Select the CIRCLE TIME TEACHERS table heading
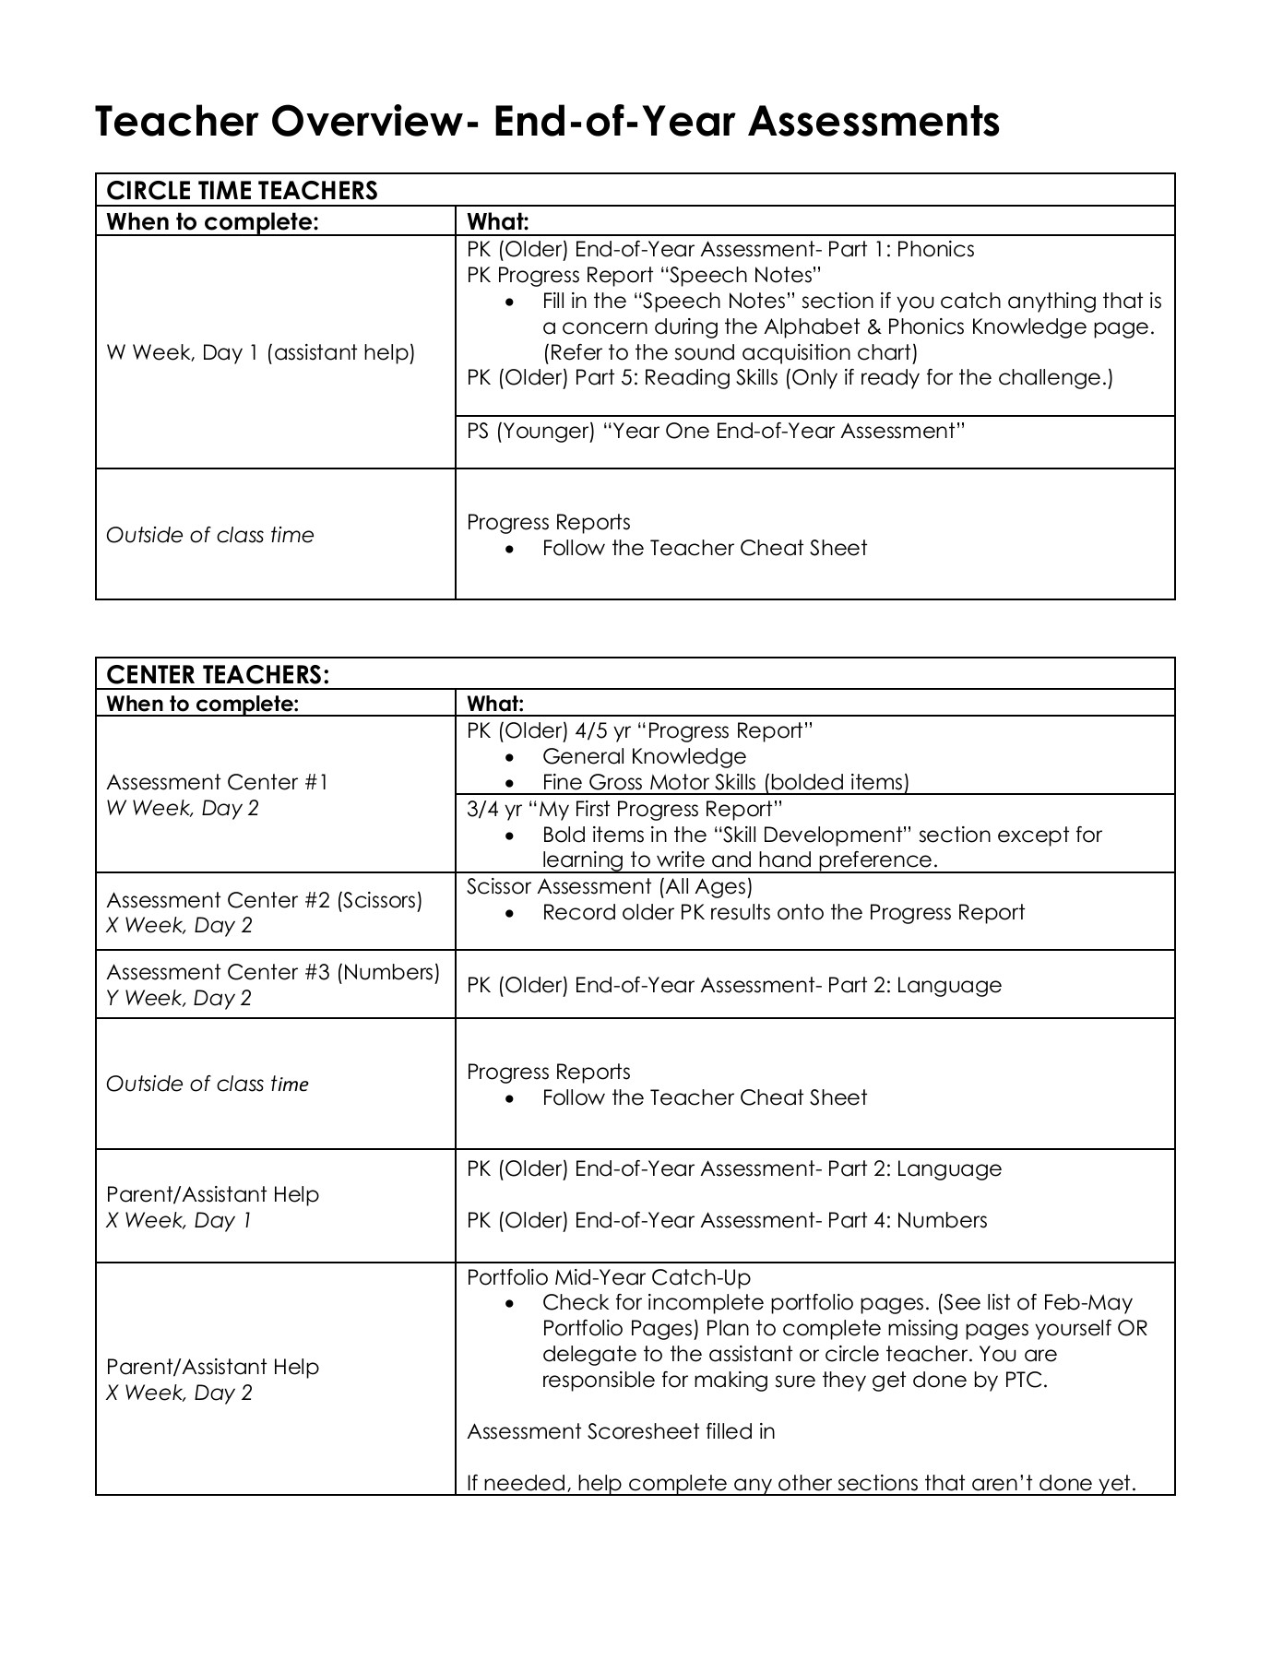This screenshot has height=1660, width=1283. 243,190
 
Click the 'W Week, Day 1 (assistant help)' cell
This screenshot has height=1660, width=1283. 261,352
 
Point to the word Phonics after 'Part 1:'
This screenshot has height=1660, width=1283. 935,249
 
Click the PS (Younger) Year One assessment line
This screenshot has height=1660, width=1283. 716,432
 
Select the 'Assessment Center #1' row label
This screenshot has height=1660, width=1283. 218,782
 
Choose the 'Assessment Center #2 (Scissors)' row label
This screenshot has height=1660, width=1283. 265,899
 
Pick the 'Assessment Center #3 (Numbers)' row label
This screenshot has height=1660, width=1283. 273,972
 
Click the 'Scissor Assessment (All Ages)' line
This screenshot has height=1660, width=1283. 610,886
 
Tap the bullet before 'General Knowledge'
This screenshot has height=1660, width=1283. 509,757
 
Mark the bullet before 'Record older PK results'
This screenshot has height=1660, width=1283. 509,913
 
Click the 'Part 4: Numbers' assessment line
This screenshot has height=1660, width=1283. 727,1220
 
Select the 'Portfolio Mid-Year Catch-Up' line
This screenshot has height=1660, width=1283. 609,1277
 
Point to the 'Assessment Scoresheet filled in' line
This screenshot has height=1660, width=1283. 621,1431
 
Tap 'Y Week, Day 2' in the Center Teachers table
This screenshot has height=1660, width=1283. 179,998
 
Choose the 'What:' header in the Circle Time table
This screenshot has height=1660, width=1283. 498,221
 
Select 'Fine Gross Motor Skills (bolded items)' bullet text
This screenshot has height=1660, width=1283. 725,782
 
